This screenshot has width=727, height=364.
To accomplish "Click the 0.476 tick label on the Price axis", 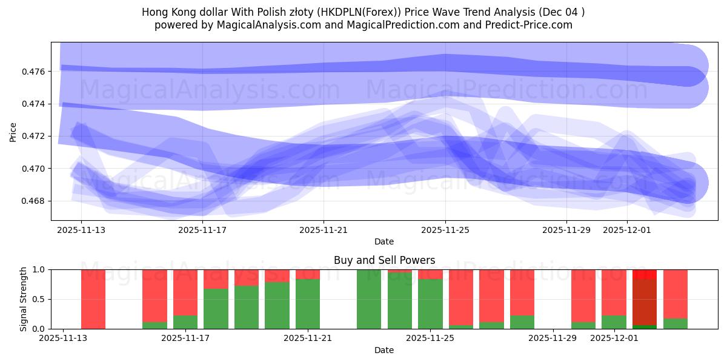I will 34,72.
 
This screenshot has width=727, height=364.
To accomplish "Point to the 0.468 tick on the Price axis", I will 34,201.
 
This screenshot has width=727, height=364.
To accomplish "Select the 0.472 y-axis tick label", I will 34,136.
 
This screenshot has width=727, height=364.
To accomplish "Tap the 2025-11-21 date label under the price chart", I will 324,230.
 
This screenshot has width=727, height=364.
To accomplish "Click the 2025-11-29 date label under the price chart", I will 566,230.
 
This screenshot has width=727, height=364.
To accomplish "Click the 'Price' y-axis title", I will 13,132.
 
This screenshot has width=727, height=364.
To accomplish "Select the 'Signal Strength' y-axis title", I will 24,299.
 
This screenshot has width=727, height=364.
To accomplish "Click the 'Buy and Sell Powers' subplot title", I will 384,260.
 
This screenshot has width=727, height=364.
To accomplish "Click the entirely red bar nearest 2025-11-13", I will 93,299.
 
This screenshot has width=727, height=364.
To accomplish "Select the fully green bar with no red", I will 369,299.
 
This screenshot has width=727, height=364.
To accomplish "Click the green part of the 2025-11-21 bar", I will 308,304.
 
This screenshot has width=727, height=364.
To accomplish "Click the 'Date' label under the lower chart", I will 384,350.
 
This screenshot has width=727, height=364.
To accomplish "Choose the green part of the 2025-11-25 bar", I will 430,304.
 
